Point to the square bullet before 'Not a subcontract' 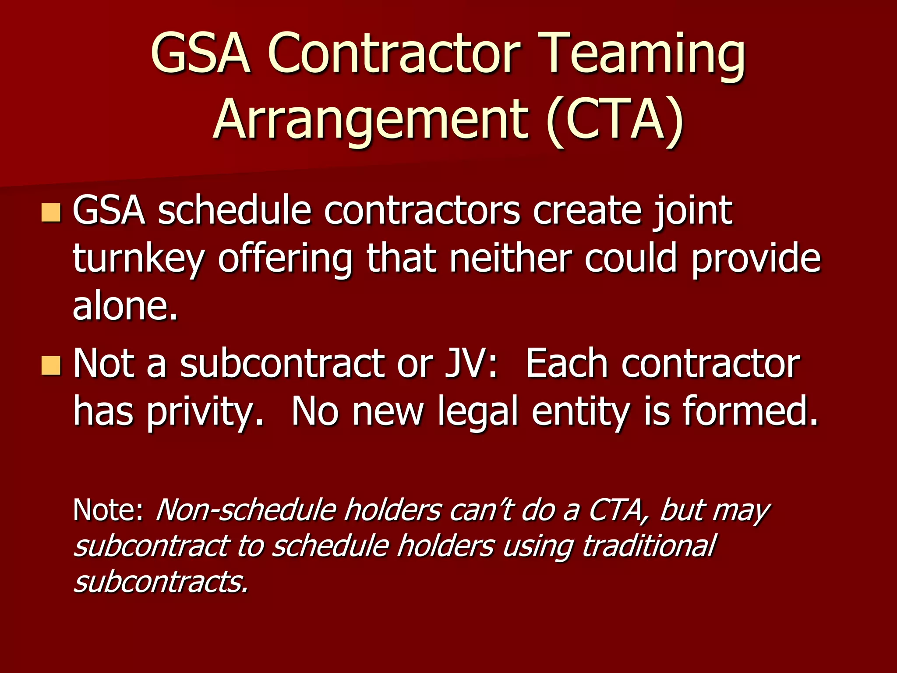tap(51, 365)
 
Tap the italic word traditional tap(649, 546)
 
